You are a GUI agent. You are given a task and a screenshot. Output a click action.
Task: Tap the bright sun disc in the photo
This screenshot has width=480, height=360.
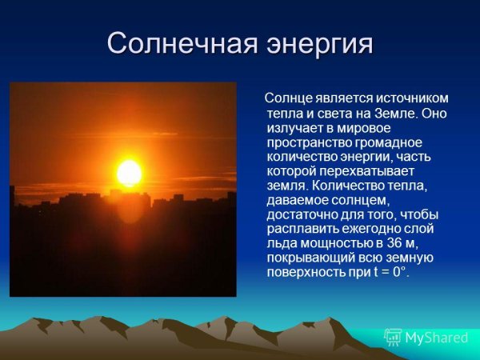coord(129,173)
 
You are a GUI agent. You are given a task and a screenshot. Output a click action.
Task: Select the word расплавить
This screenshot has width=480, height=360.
coord(300,228)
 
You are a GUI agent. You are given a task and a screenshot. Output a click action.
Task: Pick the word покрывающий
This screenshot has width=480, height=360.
coord(310,258)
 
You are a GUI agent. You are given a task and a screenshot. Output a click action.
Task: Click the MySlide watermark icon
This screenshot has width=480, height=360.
coord(393,337)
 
